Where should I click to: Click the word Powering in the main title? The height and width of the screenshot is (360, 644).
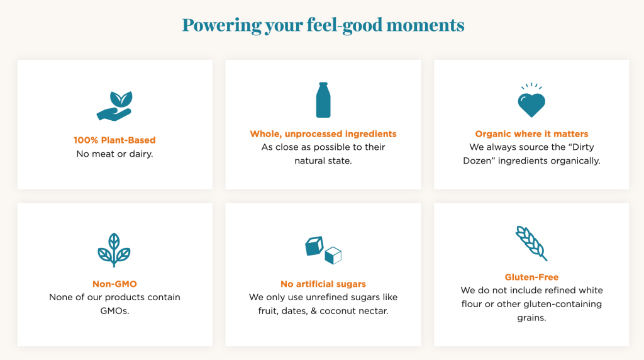pos(222,25)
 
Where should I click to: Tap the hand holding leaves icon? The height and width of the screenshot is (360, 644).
pos(114,106)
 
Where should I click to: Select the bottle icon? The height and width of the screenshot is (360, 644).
pos(323,100)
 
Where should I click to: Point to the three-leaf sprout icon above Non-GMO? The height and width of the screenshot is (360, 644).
pos(114,250)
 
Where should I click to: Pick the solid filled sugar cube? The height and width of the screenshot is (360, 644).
pos(314,245)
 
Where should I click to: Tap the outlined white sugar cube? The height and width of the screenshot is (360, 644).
pos(333,255)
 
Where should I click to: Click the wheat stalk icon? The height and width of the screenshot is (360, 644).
pos(531,244)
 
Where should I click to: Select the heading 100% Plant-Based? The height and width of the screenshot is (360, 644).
pos(114,140)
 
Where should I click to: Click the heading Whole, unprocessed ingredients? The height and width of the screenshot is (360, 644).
pos(323,134)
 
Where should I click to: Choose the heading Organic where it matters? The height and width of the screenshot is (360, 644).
pos(531,134)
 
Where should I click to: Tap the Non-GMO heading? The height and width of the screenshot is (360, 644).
pos(114,284)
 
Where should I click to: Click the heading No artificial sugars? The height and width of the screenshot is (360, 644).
pos(323,284)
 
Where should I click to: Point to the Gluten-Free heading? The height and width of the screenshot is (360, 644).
pos(531,277)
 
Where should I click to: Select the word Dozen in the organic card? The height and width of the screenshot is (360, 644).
pos(477,160)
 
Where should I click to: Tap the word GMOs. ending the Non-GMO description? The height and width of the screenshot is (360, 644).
pos(114,311)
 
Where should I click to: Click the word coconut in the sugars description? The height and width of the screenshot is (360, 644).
pos(338,311)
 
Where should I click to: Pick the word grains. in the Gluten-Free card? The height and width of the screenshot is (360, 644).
pos(531,318)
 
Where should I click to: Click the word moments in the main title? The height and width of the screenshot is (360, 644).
pos(425,25)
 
